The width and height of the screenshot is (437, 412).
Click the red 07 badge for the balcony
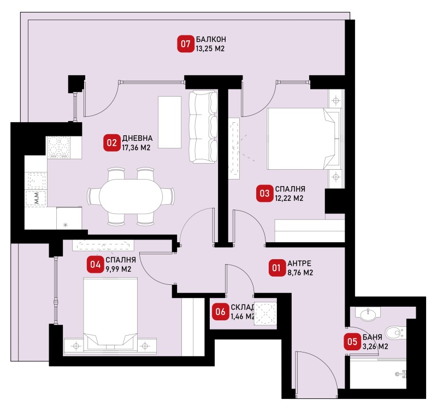pyautogui.click(x=186, y=44)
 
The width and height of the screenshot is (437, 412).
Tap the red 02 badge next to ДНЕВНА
pyautogui.click(x=112, y=143)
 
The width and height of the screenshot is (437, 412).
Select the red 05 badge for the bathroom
pyautogui.click(x=352, y=342)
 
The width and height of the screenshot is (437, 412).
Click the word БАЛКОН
pyautogui.click(x=211, y=39)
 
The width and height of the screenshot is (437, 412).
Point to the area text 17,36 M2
pyautogui.click(x=136, y=147)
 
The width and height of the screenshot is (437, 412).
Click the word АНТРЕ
pyautogui.click(x=299, y=263)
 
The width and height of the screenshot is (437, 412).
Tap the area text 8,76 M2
pyautogui.click(x=300, y=272)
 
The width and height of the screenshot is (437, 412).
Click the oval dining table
pyautogui.click(x=131, y=196)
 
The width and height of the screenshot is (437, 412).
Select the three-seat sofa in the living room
pyautogui.click(x=203, y=127)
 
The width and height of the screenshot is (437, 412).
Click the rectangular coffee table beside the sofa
pyautogui.click(x=170, y=122)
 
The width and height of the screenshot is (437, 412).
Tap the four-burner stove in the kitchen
pyautogui.click(x=58, y=147)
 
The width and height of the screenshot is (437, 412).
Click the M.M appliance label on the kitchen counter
pyautogui.click(x=36, y=198)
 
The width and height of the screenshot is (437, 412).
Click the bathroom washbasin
pyautogui.click(x=368, y=314)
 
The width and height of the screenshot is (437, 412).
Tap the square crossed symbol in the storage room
pyautogui.click(x=266, y=313)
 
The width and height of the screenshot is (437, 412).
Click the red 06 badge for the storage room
pyautogui.click(x=220, y=312)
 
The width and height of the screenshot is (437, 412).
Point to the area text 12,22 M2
pyautogui.click(x=289, y=198)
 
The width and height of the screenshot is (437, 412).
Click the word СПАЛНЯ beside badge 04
pyautogui.click(x=121, y=260)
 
